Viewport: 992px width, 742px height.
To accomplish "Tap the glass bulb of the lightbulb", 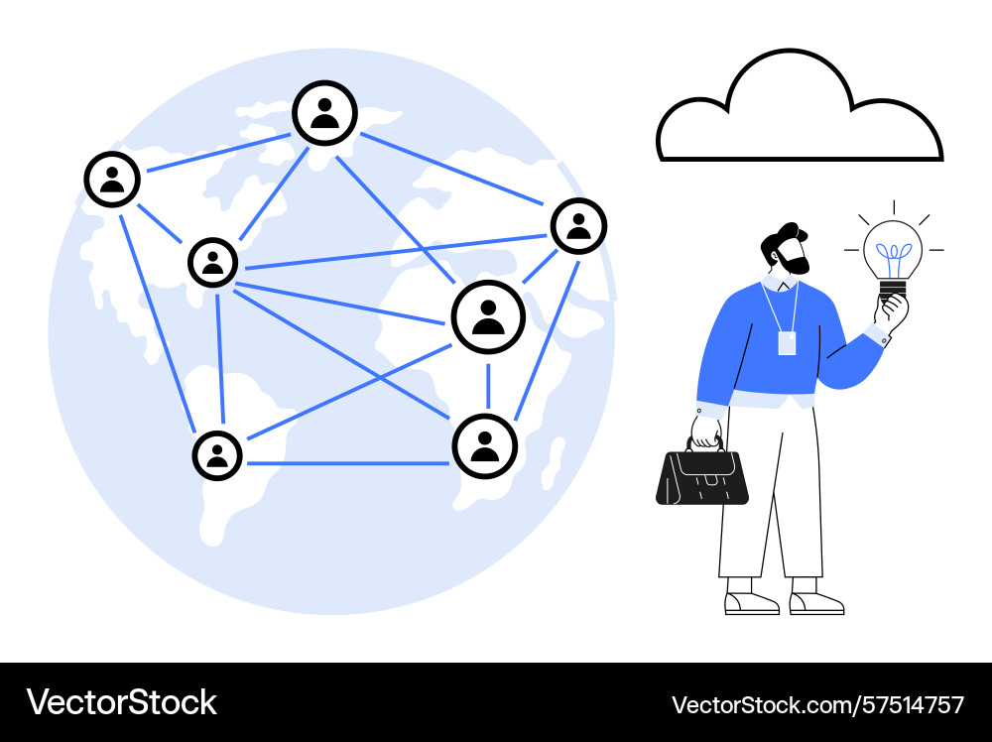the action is tap(893, 249).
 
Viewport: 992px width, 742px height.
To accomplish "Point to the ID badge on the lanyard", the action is tap(787, 343).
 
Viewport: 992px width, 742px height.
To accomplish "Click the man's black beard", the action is tap(796, 260).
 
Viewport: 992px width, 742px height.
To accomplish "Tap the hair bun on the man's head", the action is tap(791, 229).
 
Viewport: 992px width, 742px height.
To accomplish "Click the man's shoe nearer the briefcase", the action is tap(751, 603).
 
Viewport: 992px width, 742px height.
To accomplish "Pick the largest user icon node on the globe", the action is tap(488, 316).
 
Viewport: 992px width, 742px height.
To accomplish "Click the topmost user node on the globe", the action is tap(324, 113).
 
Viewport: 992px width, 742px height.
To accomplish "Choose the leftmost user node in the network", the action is tap(112, 179).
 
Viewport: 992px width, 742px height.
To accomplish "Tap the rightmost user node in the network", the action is tap(578, 226).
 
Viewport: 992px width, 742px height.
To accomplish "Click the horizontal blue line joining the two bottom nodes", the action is tap(347, 463).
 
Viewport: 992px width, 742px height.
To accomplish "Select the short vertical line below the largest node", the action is tap(488, 387).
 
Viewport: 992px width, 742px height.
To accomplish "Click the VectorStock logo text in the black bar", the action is tap(121, 702).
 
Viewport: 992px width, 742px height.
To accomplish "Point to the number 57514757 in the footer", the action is tap(910, 704).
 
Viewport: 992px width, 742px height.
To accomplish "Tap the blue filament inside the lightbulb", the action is tap(894, 258).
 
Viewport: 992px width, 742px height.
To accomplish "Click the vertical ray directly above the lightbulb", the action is tap(894, 207).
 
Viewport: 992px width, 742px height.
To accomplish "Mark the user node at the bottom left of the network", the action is tap(217, 455).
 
